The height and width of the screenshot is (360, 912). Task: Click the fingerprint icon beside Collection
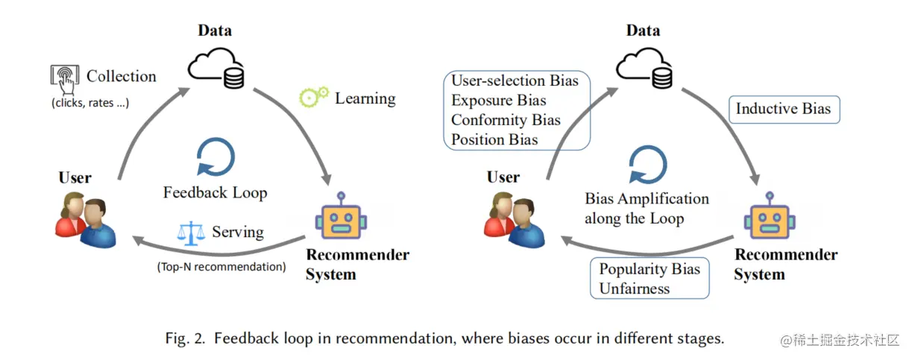click(x=65, y=76)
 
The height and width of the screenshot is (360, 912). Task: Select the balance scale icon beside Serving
click(x=191, y=233)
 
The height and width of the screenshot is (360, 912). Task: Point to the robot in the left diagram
click(x=341, y=218)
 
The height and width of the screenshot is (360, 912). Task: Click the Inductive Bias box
click(x=783, y=109)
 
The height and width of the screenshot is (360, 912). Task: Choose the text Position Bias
click(x=494, y=139)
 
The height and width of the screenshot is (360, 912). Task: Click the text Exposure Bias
click(x=499, y=100)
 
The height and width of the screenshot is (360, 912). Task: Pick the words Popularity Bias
click(x=650, y=269)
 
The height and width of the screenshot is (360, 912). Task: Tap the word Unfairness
click(x=635, y=288)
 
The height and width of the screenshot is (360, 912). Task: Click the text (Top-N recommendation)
click(x=221, y=266)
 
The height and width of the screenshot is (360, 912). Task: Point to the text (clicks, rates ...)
click(x=90, y=103)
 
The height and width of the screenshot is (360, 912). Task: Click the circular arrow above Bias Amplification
click(x=645, y=165)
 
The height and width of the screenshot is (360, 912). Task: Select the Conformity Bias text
click(x=506, y=119)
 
